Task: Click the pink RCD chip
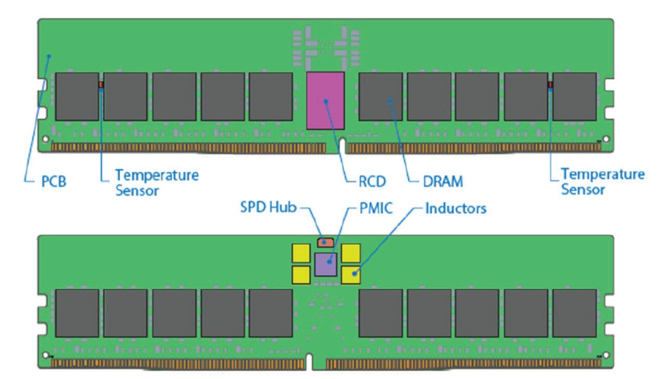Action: (326, 100)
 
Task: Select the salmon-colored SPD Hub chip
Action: (325, 242)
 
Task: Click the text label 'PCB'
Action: (54, 182)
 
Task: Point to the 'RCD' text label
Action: (372, 182)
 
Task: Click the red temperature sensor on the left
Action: (101, 84)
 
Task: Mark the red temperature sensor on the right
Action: (550, 84)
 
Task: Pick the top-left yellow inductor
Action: (301, 252)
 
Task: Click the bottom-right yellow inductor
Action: (351, 274)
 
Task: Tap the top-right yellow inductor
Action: (351, 252)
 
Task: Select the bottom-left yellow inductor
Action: (301, 274)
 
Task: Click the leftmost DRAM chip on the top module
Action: (76, 96)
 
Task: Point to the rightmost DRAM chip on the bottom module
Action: (574, 313)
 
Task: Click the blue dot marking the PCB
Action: (49, 56)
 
